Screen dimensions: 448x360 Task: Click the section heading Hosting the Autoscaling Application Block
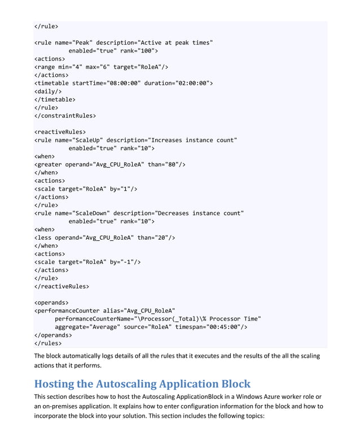click(x=142, y=385)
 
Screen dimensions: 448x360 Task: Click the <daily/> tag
click(x=49, y=91)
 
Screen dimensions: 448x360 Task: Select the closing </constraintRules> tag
click(x=65, y=115)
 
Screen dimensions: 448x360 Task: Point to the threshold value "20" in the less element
click(x=163, y=238)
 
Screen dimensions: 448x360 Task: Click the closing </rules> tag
click(x=49, y=342)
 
